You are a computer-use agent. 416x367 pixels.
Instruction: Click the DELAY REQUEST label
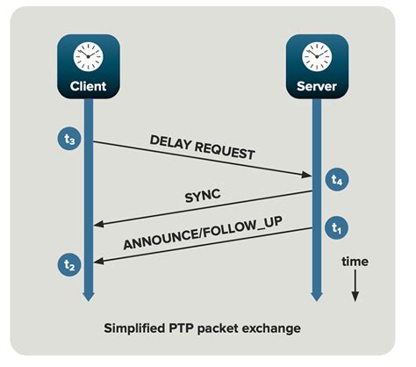(201, 146)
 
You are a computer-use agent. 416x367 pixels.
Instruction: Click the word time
(355, 262)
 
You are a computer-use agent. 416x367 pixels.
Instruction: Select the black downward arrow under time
(355, 289)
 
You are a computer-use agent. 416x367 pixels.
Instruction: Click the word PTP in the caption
(202, 328)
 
